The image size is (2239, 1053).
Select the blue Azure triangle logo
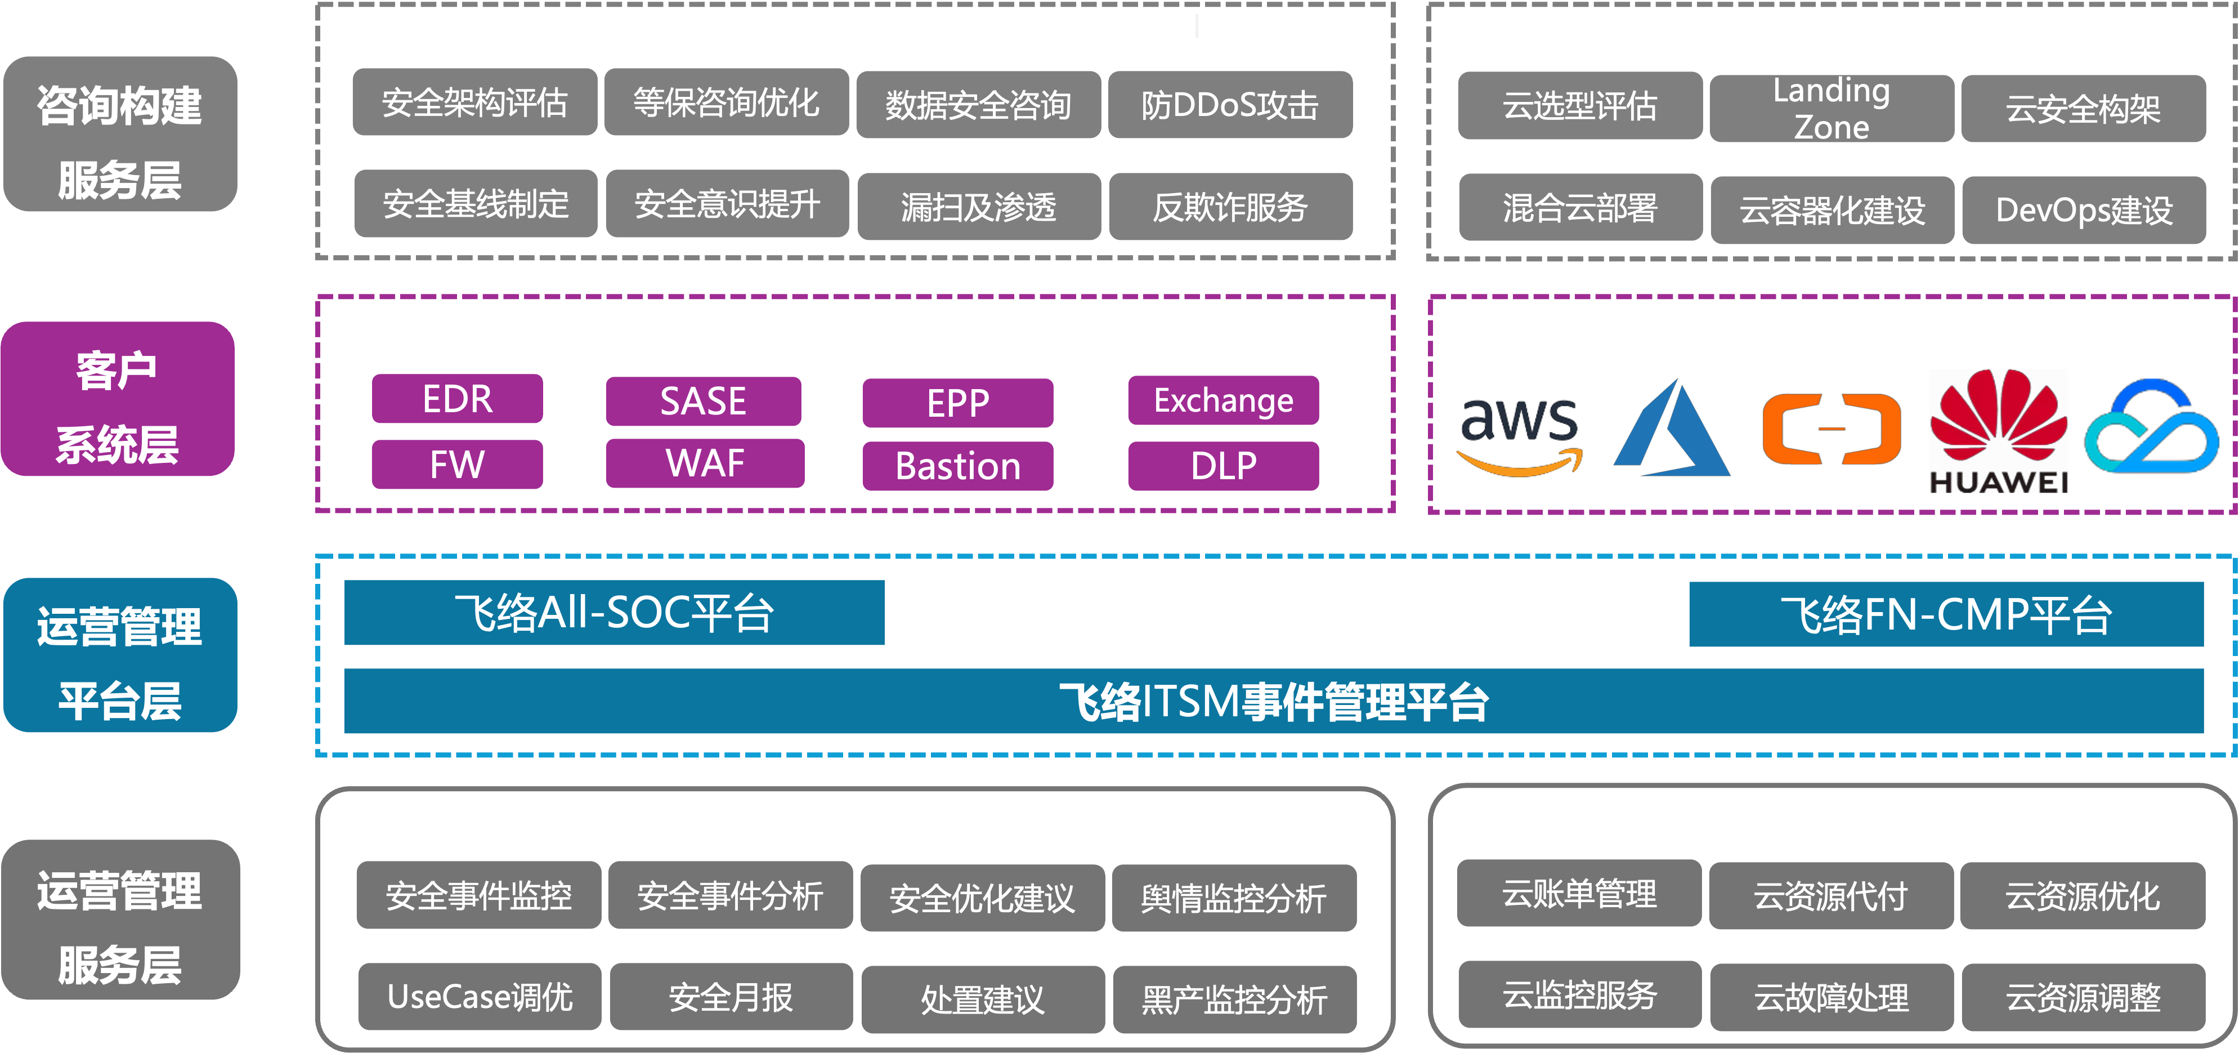(1672, 430)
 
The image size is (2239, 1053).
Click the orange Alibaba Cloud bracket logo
(1831, 429)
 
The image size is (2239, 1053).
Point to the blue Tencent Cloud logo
(2152, 426)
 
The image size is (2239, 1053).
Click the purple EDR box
(457, 399)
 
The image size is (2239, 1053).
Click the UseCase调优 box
(479, 997)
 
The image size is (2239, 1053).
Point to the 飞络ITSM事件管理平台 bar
(1273, 702)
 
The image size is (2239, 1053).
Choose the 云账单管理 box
(1578, 894)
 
